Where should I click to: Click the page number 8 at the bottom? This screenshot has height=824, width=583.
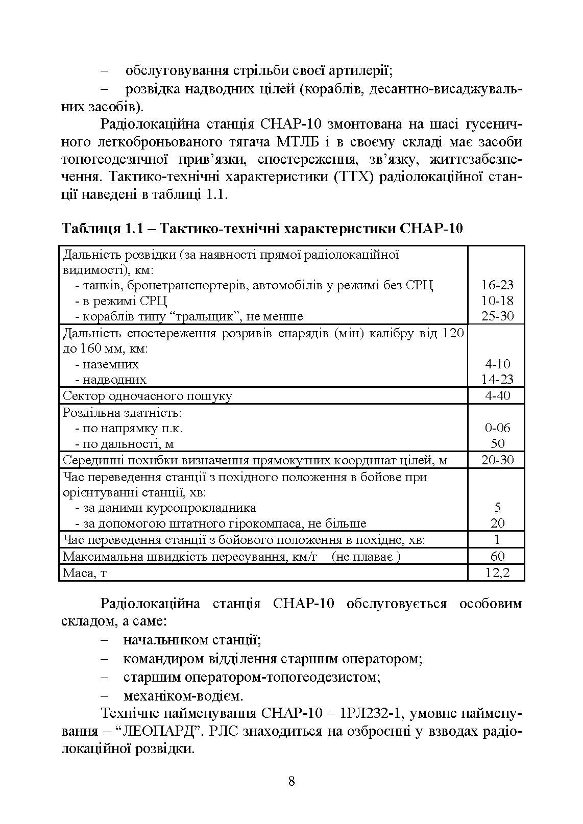tap(291, 781)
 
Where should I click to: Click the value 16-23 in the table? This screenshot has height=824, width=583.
tap(497, 285)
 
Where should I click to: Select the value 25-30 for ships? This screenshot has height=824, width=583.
tap(497, 316)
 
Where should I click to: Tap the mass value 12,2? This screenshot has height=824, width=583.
tap(497, 572)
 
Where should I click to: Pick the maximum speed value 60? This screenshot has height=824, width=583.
tap(497, 556)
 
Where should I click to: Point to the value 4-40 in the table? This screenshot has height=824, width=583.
tap(497, 395)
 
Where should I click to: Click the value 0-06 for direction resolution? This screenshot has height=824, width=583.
tap(497, 428)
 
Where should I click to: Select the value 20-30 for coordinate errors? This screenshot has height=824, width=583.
tap(497, 460)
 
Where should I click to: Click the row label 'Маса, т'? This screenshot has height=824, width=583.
tap(85, 573)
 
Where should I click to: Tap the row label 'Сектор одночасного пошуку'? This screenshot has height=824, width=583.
tap(147, 396)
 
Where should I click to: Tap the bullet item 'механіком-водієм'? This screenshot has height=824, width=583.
tap(183, 695)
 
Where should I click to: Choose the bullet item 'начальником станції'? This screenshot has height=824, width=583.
tap(192, 640)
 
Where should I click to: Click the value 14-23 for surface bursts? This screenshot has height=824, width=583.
tap(497, 379)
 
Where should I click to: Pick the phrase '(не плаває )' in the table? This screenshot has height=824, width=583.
tap(366, 556)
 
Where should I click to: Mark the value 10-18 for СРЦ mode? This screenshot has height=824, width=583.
tap(497, 301)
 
